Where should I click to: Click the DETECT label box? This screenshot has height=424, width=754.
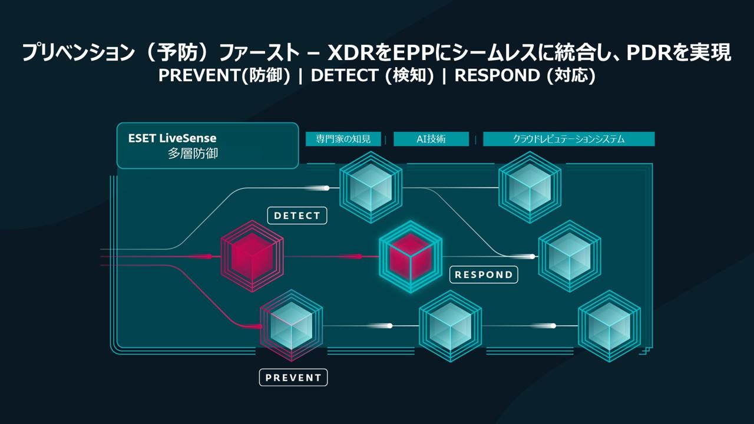pyautogui.click(x=297, y=216)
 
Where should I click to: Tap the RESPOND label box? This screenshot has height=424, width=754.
pyautogui.click(x=484, y=274)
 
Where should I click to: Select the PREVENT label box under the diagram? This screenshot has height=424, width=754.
pyautogui.click(x=293, y=377)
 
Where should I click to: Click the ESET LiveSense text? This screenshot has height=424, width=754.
pyautogui.click(x=173, y=138)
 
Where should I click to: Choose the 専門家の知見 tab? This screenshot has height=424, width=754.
pyautogui.click(x=343, y=139)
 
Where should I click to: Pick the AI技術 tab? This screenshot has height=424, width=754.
pyautogui.click(x=431, y=139)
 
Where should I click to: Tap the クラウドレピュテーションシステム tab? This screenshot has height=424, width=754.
pyautogui.click(x=568, y=139)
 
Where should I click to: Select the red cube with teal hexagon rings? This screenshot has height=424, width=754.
pyautogui.click(x=411, y=256)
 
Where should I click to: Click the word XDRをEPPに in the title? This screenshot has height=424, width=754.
pyautogui.click(x=383, y=54)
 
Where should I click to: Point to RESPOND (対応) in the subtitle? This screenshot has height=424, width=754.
pyautogui.click(x=525, y=77)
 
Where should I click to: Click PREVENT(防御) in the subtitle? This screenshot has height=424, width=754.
pyautogui.click(x=224, y=77)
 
